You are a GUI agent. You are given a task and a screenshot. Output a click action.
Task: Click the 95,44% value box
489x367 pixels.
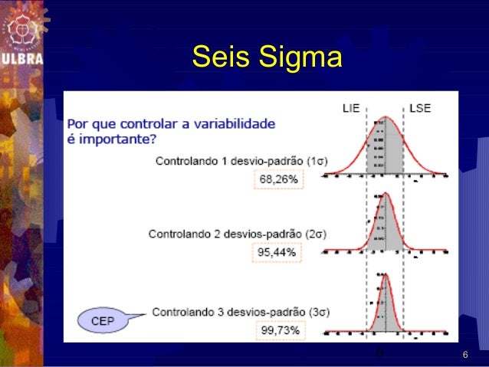278,252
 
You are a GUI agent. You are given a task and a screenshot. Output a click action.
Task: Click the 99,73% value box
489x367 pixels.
279,330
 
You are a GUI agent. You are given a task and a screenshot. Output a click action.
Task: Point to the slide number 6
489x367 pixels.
464,356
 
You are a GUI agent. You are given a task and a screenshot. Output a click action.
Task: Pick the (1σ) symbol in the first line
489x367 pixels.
317,162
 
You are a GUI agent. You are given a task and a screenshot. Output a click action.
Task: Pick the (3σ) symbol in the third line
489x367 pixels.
317,312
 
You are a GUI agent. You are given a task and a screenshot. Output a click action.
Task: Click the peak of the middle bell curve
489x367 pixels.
385,192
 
